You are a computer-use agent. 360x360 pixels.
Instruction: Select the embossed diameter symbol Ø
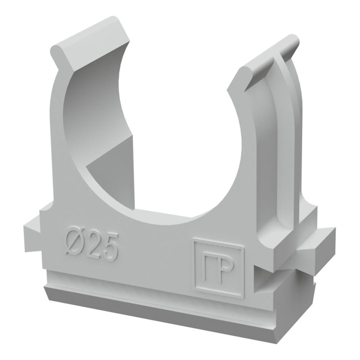tap(74, 241)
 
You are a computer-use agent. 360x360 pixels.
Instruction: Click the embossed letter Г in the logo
tap(209, 268)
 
